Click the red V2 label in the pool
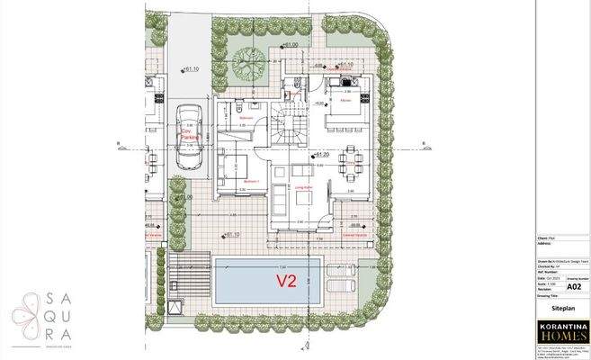[x=286, y=280]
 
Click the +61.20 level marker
[x=320, y=155]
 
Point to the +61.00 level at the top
[x=289, y=44]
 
